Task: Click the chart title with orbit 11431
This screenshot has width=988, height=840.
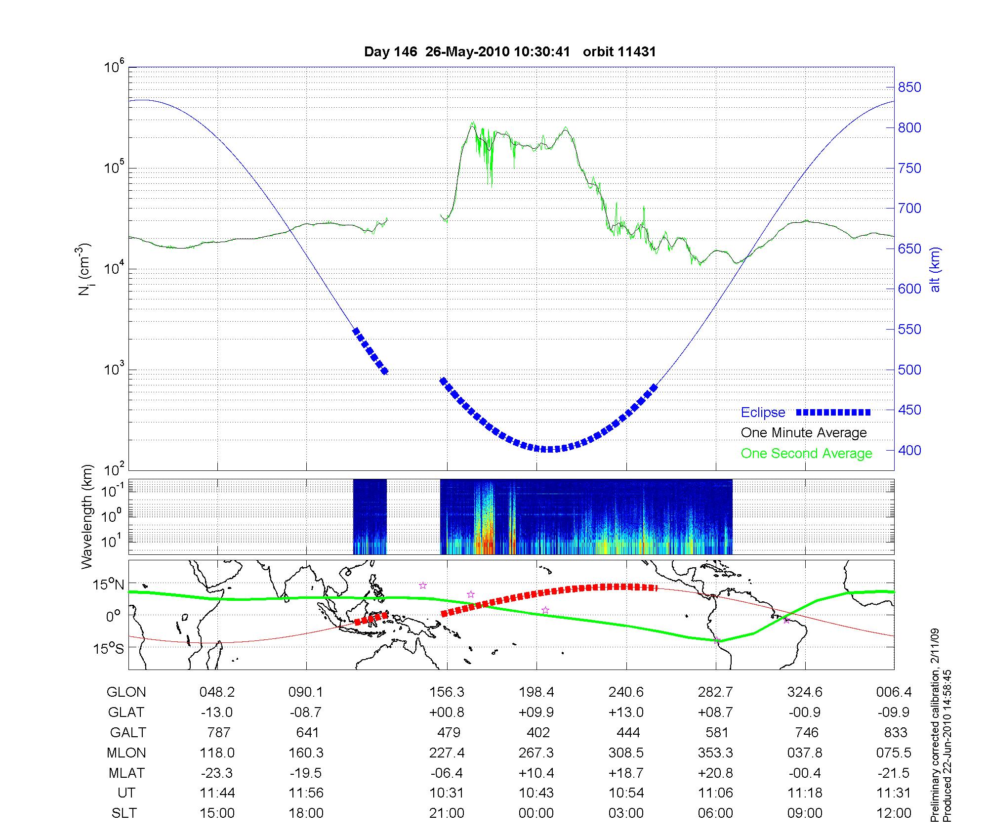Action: [x=510, y=52]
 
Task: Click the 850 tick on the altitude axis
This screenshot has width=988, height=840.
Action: [x=909, y=87]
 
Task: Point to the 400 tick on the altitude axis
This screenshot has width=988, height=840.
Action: [x=909, y=450]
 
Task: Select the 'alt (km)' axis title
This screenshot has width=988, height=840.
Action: [x=935, y=269]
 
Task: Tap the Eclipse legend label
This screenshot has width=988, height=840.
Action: [x=763, y=413]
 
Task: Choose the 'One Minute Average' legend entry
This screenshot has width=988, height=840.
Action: [x=804, y=433]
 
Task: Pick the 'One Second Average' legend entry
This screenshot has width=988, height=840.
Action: [x=806, y=454]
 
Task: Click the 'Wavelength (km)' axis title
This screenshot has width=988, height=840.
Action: [x=87, y=517]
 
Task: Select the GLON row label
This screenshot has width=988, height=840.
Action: [x=126, y=692]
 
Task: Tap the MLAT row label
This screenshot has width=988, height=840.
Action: [x=126, y=773]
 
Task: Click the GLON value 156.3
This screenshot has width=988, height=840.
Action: [x=447, y=692]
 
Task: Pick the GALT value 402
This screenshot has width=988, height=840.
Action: [x=538, y=732]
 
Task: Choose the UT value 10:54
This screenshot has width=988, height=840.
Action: [x=626, y=794]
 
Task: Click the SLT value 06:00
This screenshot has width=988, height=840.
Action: [x=716, y=813]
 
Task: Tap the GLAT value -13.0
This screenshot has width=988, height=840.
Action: [x=217, y=713]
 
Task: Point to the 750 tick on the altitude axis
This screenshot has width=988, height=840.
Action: [x=909, y=168]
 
